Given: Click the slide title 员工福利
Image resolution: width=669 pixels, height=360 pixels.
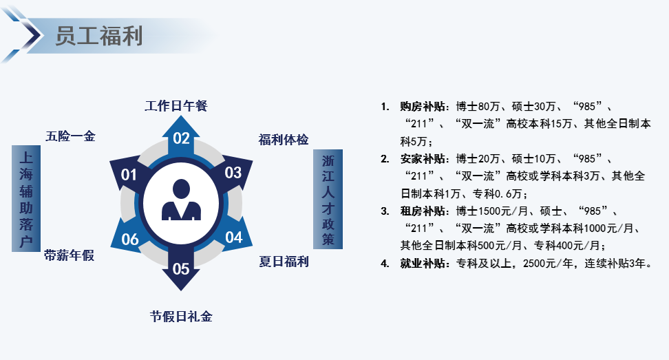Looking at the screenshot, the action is [x=98, y=36].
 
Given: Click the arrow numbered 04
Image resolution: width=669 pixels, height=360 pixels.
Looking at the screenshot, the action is [x=233, y=236].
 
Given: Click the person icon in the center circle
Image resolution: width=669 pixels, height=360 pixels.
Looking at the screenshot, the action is [x=181, y=200].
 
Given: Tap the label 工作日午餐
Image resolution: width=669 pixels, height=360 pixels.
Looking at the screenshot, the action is [x=176, y=106].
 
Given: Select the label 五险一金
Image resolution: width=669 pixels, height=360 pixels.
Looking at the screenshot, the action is [x=70, y=136].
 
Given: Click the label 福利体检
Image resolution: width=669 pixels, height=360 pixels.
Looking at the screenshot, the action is [x=284, y=140].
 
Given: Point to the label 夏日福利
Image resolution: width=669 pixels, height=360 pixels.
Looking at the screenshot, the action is [x=284, y=262].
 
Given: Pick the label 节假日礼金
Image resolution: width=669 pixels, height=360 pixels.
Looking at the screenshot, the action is [x=181, y=317].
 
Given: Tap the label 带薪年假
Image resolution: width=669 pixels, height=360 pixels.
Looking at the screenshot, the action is [x=69, y=255].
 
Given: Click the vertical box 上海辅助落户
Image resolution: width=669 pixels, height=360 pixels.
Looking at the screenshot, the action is [x=26, y=198].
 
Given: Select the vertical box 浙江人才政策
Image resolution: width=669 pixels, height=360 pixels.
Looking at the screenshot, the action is [x=328, y=199].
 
